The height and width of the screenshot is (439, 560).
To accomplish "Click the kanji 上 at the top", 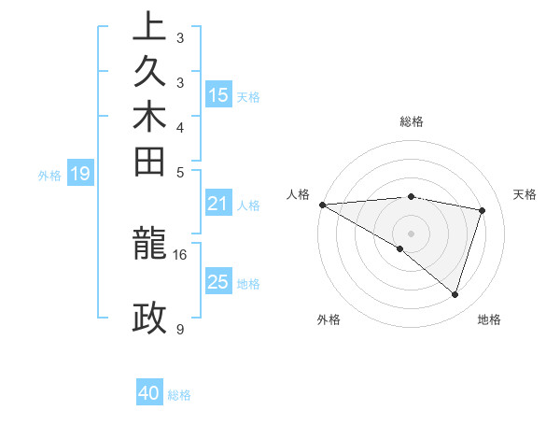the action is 149,28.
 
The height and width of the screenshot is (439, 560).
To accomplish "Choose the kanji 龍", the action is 149,245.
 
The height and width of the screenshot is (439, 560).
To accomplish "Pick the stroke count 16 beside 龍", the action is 180,254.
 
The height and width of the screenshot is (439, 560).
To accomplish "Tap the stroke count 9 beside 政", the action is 180,329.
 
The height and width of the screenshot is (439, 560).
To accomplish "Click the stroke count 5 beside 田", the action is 180,172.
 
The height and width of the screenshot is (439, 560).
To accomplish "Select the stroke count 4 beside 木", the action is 180,127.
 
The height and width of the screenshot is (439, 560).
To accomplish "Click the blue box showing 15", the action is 218,94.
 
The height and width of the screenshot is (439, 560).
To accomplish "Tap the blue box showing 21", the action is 218,204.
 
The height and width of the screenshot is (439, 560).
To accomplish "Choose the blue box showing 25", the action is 218,282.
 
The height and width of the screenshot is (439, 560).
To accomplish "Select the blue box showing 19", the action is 80,173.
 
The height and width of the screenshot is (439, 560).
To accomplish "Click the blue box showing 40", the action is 149,394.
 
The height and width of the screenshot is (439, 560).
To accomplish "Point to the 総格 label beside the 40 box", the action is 179,395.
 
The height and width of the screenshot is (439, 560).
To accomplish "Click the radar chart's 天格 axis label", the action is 525,194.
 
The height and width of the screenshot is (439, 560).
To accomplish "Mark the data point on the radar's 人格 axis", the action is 322,205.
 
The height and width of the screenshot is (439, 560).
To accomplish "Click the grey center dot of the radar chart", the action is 411,233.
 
